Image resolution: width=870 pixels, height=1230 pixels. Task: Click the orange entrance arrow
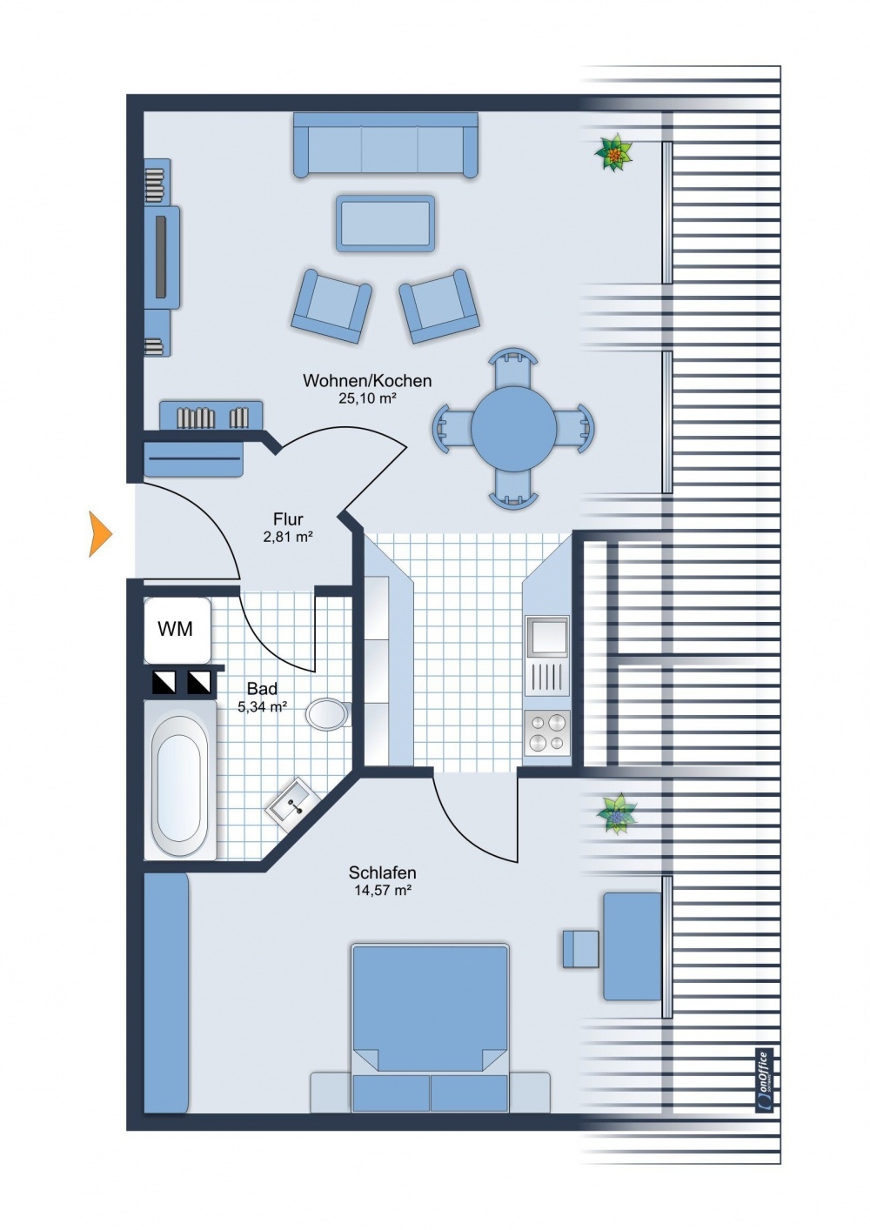pos(99,534)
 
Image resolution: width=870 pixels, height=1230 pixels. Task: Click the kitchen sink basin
pos(547,637)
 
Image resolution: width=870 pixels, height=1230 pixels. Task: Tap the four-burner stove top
pos(547,732)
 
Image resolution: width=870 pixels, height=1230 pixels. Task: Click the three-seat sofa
pos(385,145)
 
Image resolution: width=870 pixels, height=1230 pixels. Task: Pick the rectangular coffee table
pos(385,224)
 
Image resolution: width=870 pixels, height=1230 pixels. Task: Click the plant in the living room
pos(613,151)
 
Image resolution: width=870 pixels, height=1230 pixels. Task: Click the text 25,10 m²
pos(367,398)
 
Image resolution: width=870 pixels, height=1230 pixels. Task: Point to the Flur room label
pos(288,519)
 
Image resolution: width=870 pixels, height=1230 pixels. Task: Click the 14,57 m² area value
pos(382,890)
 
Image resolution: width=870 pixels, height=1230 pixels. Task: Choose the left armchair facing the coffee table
pos(331,306)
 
